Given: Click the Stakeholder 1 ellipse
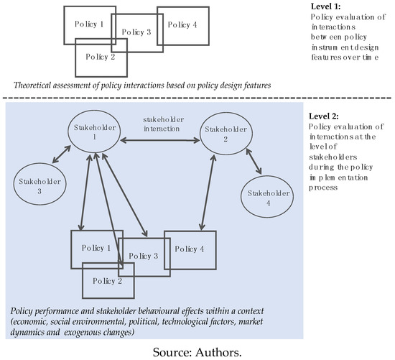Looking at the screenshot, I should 88,134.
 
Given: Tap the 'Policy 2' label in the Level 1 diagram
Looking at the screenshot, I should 100,57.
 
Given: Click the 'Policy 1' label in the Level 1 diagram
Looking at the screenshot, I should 88,24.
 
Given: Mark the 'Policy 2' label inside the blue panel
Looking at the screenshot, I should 108,282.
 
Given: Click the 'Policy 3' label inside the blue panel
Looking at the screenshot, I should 142,257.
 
